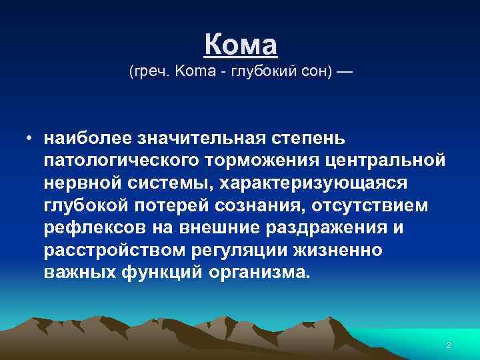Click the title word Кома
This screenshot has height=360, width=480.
point(240,45)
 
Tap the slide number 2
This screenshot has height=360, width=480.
point(449,345)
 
